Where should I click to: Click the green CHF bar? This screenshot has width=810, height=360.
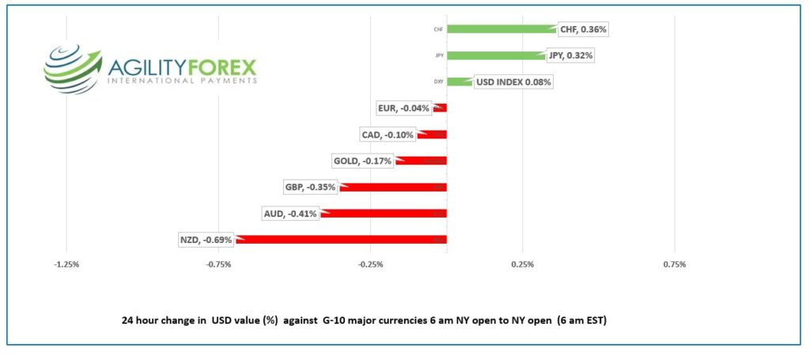tap(502, 29)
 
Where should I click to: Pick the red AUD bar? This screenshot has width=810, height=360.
tap(384, 213)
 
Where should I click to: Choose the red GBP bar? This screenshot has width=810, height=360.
tap(393, 187)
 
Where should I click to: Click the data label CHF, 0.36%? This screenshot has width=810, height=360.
tap(583, 29)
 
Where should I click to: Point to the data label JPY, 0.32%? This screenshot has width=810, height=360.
tap(570, 55)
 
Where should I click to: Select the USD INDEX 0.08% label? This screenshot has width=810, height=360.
tap(513, 81)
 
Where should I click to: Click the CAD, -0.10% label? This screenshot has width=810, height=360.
tap(387, 135)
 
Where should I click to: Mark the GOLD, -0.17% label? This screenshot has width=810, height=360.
tap(363, 161)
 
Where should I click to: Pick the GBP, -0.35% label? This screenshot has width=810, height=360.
tap(310, 188)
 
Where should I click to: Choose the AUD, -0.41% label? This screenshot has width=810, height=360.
tap(290, 214)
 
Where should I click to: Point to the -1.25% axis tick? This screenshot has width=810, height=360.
tap(66, 264)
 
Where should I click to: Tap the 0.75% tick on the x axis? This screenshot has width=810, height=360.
tap(674, 264)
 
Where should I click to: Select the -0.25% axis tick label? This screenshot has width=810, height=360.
tap(370, 264)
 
